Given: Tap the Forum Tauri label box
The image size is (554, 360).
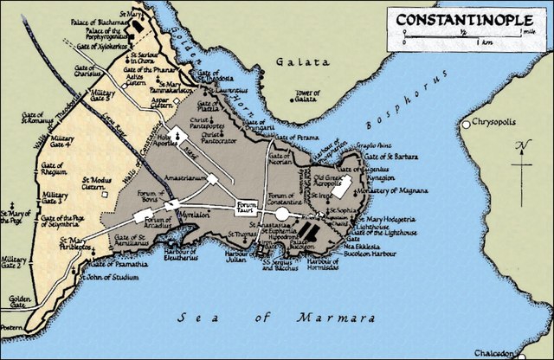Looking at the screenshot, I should [x=247, y=207].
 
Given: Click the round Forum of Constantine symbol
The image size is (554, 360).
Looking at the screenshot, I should [x=282, y=213].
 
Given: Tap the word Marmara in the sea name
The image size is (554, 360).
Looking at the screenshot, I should [x=311, y=318].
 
